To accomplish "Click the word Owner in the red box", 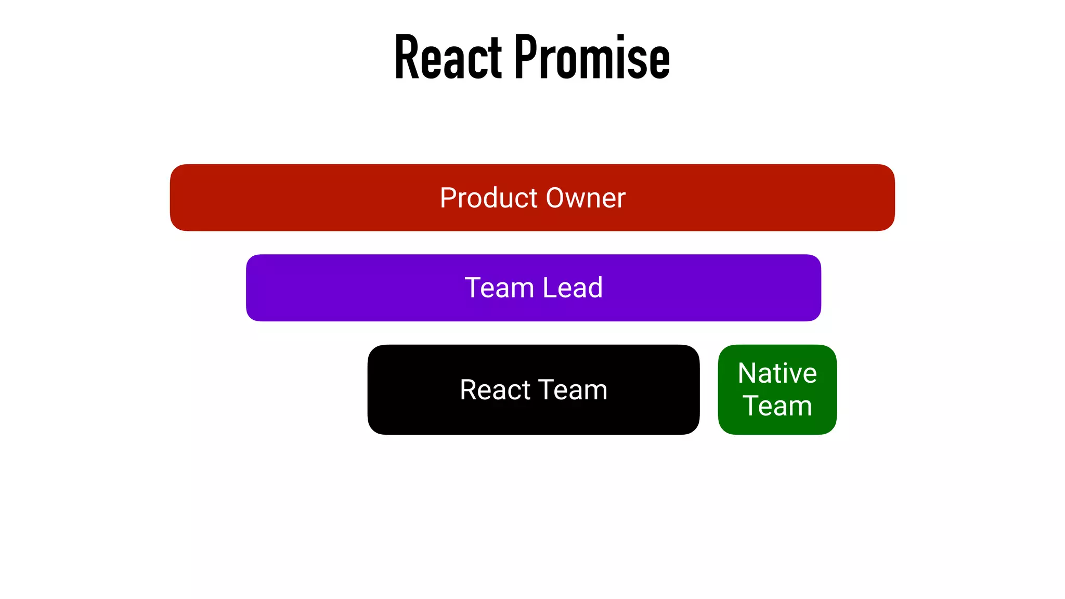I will click(x=586, y=198).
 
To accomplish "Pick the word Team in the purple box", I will click(x=499, y=288).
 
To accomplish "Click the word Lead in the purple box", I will click(x=573, y=288).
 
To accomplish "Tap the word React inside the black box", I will click(x=495, y=390).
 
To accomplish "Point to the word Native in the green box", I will click(x=777, y=373).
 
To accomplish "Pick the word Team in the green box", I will click(x=777, y=406).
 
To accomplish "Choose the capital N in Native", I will click(x=747, y=373).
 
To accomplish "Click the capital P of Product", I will click(x=448, y=198).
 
